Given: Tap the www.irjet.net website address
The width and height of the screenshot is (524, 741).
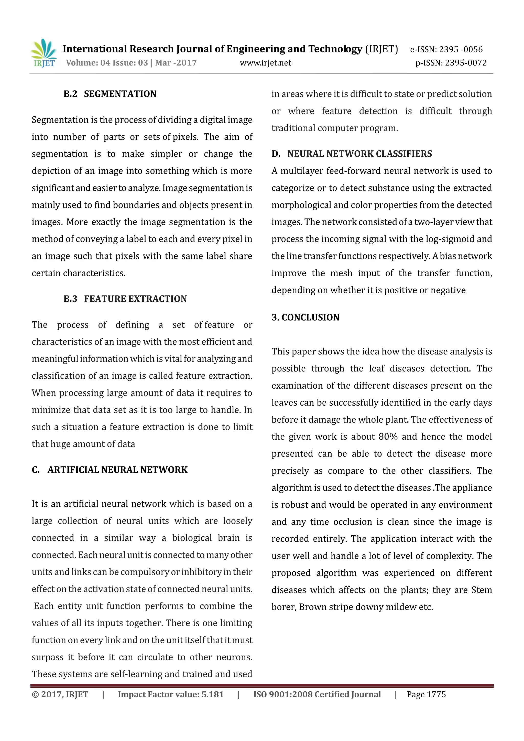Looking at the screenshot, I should coord(265,63).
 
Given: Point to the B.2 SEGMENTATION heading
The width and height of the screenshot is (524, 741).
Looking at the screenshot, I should coord(110,94).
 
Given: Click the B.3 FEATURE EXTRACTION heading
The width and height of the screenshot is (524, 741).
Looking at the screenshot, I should coord(125,299).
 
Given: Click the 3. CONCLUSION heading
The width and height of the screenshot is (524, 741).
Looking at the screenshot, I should coord(305,317).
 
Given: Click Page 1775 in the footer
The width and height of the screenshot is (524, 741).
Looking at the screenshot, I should coord(426,694).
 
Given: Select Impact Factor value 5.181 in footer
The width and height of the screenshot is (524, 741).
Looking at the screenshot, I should coord(171,694).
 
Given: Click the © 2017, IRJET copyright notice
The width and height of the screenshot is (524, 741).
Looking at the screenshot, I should coord(60,694).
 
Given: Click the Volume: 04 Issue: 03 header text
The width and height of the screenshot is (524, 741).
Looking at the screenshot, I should coord(107,63).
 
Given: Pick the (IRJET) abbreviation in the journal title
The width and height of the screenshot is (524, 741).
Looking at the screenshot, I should coord(381,49).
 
